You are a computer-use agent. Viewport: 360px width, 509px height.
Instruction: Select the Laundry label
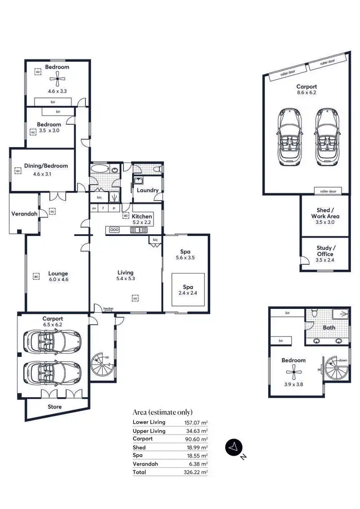(147, 190)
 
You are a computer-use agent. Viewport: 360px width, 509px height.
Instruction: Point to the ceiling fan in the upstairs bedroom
(293, 372)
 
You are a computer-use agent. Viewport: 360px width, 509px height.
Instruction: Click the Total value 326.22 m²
(197, 473)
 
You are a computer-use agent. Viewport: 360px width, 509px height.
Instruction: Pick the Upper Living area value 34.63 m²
(197, 431)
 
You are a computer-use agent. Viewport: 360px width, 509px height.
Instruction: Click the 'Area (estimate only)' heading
(163, 412)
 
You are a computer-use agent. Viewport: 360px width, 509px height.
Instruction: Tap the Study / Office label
(324, 251)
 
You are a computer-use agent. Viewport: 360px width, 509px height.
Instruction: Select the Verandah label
(24, 213)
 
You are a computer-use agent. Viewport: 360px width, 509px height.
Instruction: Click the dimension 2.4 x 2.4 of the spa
(188, 294)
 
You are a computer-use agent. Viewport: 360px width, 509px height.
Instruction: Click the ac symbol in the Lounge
(36, 276)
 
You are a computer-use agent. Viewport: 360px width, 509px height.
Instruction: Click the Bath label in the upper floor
(328, 328)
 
